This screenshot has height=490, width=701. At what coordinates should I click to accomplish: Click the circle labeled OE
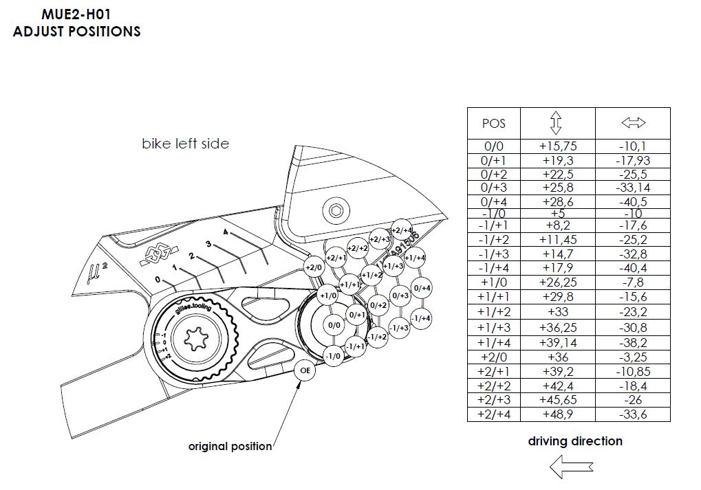(305, 370)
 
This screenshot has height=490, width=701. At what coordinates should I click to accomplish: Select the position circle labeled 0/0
(334, 325)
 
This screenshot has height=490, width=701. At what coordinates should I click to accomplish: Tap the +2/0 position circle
(314, 267)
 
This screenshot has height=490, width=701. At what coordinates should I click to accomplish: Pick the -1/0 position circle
(333, 356)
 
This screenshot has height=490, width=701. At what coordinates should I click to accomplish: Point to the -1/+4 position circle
(421, 318)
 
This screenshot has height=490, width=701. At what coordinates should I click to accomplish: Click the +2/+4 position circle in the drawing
(401, 230)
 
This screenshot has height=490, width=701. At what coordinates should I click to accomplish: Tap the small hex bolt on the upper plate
(335, 210)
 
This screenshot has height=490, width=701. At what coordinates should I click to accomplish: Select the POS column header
(493, 124)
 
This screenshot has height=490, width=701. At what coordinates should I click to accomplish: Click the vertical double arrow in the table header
(557, 123)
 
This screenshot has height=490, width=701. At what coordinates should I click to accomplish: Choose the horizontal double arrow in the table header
(632, 123)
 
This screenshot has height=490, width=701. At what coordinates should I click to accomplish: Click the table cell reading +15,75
(557, 146)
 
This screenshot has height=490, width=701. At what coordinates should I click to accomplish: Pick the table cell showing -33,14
(632, 187)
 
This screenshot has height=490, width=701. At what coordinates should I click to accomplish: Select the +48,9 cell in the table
(557, 414)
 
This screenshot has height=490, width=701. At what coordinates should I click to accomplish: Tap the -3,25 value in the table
(632, 357)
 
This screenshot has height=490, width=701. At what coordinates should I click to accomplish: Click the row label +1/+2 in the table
(493, 311)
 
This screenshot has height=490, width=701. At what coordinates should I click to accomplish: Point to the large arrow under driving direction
(570, 467)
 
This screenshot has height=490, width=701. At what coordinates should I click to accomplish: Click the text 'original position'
(230, 447)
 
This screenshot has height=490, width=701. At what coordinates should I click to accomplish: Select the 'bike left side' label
(185, 144)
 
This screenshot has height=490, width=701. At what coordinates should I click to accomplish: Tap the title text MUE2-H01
(76, 13)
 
